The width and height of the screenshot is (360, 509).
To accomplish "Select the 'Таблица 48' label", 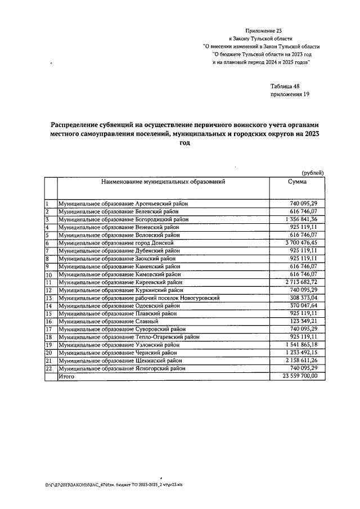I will (x=285, y=86).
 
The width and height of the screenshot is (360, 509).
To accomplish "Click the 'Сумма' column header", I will (x=297, y=182).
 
